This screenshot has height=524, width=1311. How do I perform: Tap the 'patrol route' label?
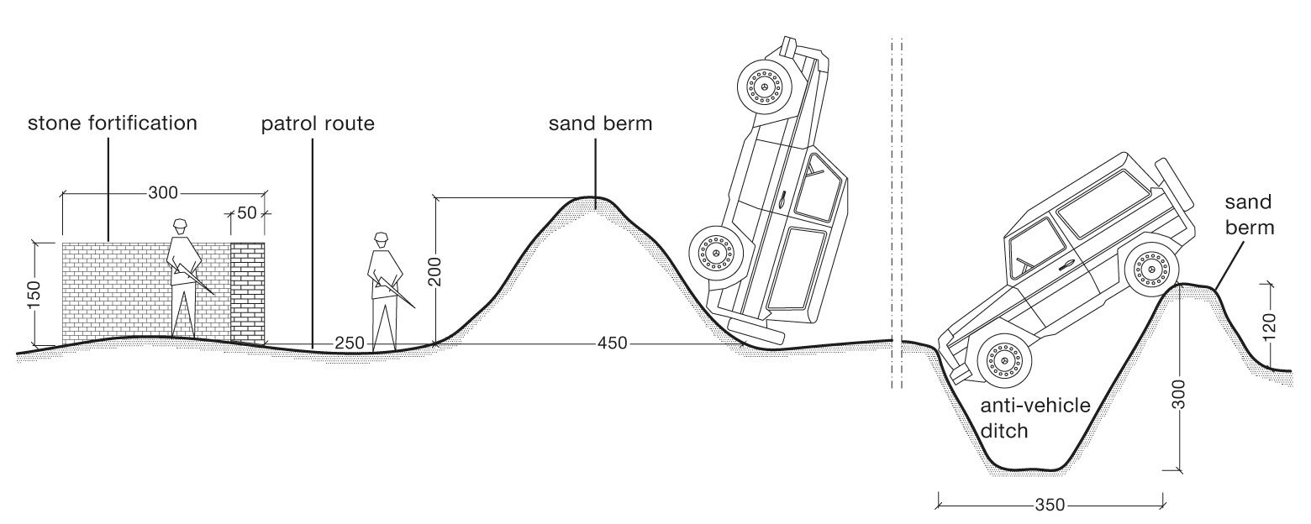[317, 124]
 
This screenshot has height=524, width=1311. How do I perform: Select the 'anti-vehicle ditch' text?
[1035, 417]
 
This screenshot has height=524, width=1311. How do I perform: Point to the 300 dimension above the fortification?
[162, 193]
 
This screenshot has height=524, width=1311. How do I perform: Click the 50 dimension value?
[246, 213]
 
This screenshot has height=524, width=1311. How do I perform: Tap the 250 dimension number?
[350, 343]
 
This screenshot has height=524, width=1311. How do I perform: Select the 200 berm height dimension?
[434, 270]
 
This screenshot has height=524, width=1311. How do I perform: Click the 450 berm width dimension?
[612, 343]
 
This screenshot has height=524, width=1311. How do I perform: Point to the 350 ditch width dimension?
[1050, 505]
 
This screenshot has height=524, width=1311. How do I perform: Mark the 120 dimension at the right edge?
[1269, 325]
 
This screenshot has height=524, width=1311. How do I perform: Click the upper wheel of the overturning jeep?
[764, 86]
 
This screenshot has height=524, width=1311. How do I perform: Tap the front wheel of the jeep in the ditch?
[1003, 361]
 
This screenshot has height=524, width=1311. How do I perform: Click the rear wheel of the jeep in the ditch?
[1151, 270]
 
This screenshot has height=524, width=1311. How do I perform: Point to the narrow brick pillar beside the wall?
[247, 293]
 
